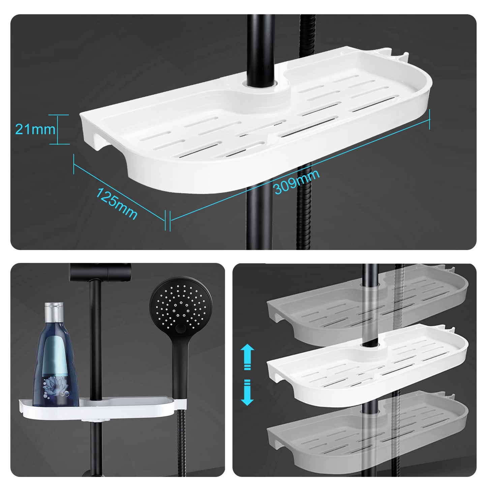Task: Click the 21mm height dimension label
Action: (x=35, y=129)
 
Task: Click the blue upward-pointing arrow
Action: (x=247, y=357)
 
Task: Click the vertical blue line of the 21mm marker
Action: (x=58, y=129)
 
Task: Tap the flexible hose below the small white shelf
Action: (x=181, y=445)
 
